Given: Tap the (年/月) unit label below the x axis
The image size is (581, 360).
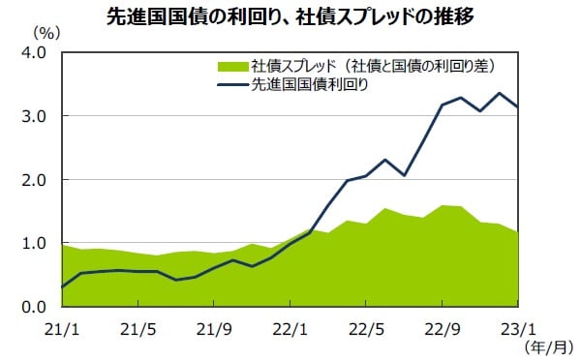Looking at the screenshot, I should coord(547,345).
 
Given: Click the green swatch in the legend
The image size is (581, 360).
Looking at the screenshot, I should coord(231,66).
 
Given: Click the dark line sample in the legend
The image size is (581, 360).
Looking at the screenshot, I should coord(231,84).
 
